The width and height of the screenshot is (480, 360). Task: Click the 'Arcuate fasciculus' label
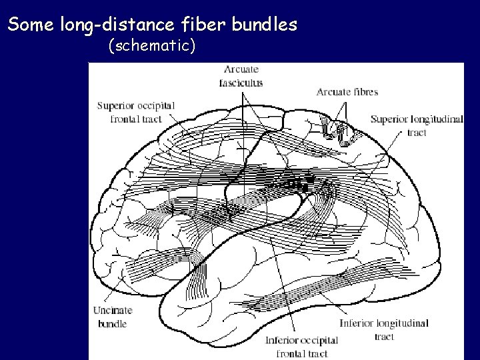pos(242,77)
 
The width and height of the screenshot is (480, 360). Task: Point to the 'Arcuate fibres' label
pos(345,91)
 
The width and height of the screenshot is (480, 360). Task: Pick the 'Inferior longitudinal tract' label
pos(385,331)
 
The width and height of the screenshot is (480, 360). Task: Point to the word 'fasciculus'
pos(242,83)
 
